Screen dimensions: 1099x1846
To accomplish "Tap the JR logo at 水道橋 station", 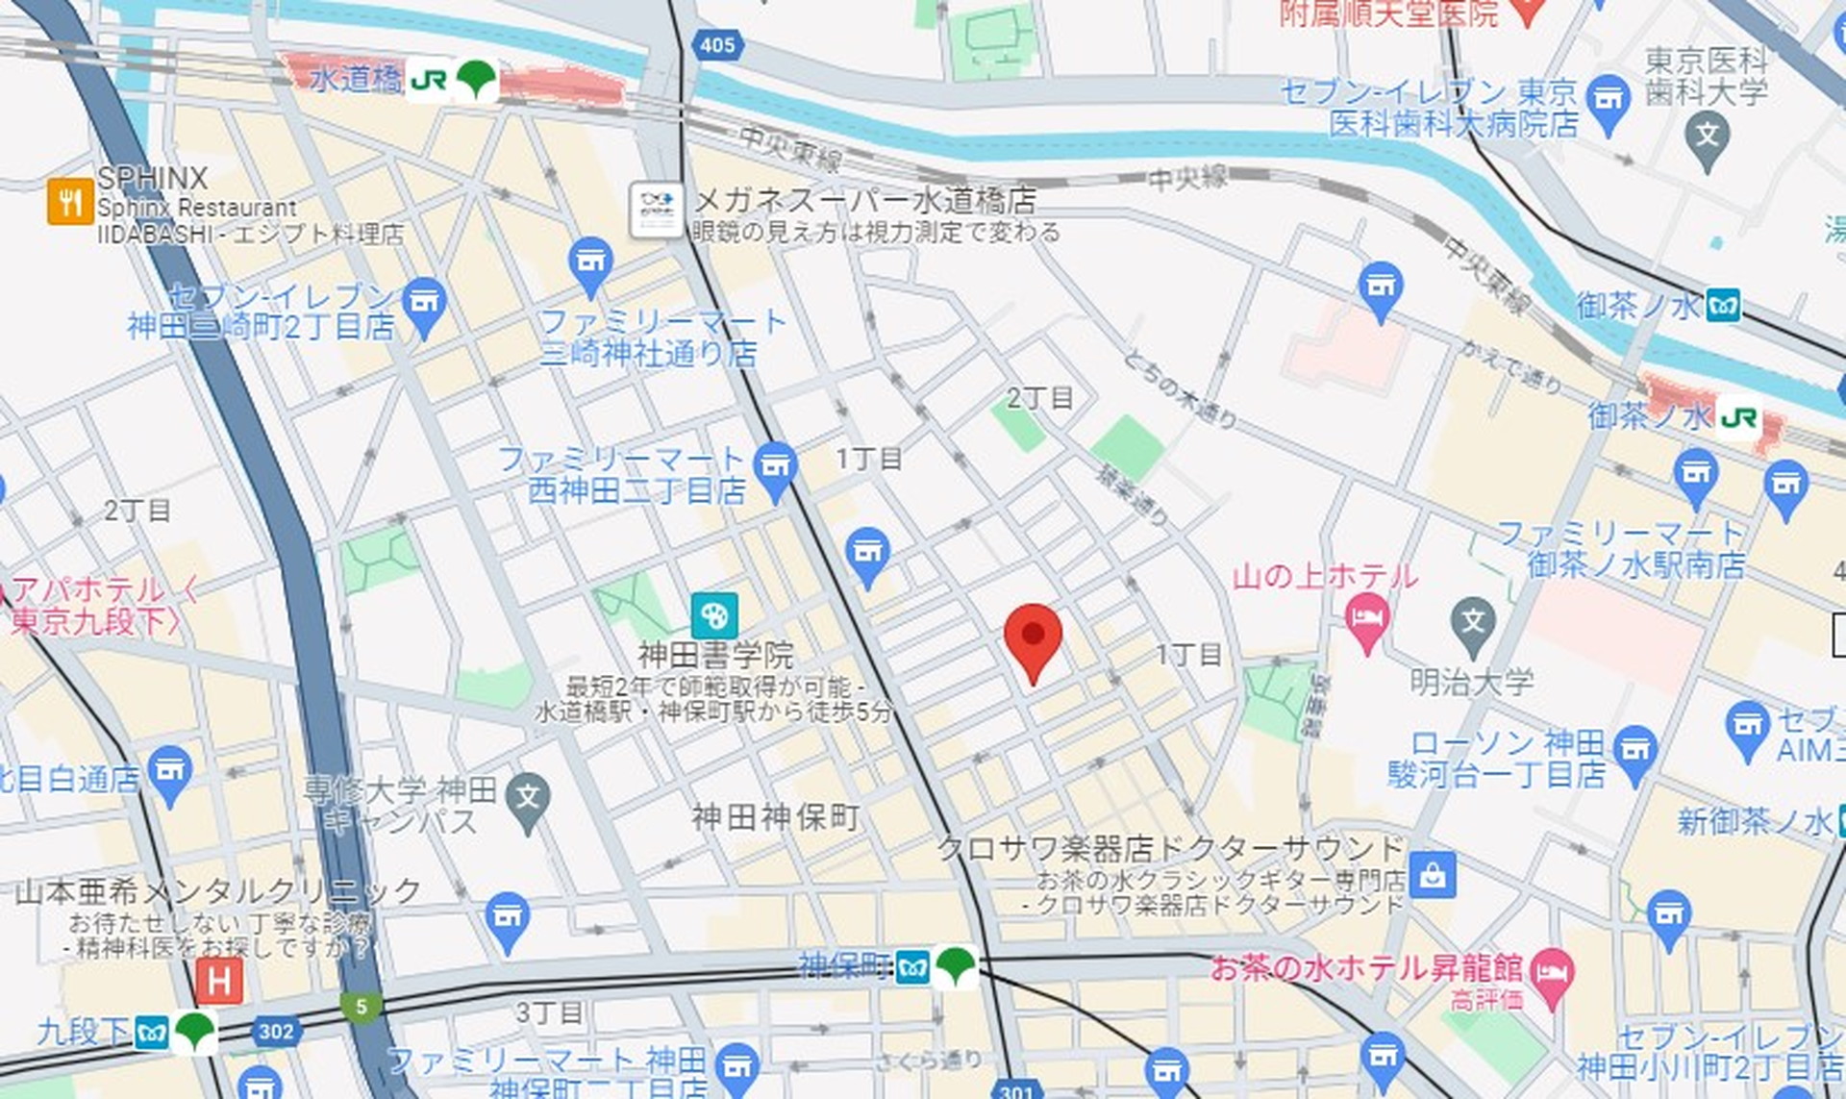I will [428, 80].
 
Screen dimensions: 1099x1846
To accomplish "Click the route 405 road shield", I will [717, 44].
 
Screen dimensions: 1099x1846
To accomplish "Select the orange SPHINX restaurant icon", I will [69, 202].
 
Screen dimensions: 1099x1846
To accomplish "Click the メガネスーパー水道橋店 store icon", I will [656, 210].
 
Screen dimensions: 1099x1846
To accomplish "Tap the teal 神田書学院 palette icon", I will [714, 614].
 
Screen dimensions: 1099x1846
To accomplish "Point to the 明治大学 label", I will [1471, 683].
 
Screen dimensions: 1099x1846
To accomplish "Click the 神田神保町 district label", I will [775, 817].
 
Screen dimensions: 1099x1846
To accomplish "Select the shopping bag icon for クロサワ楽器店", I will [1433, 874].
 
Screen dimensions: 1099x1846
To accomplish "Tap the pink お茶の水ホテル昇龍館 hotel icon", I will [1551, 973].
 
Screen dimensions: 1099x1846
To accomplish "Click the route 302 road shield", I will [275, 1032].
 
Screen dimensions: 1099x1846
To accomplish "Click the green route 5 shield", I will [361, 1007].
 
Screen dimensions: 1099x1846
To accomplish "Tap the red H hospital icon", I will [219, 982].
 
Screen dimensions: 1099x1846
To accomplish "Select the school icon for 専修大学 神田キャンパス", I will [528, 798].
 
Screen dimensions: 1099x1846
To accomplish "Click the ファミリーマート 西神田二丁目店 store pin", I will [775, 467].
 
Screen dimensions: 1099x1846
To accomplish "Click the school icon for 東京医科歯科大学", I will [1708, 137].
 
